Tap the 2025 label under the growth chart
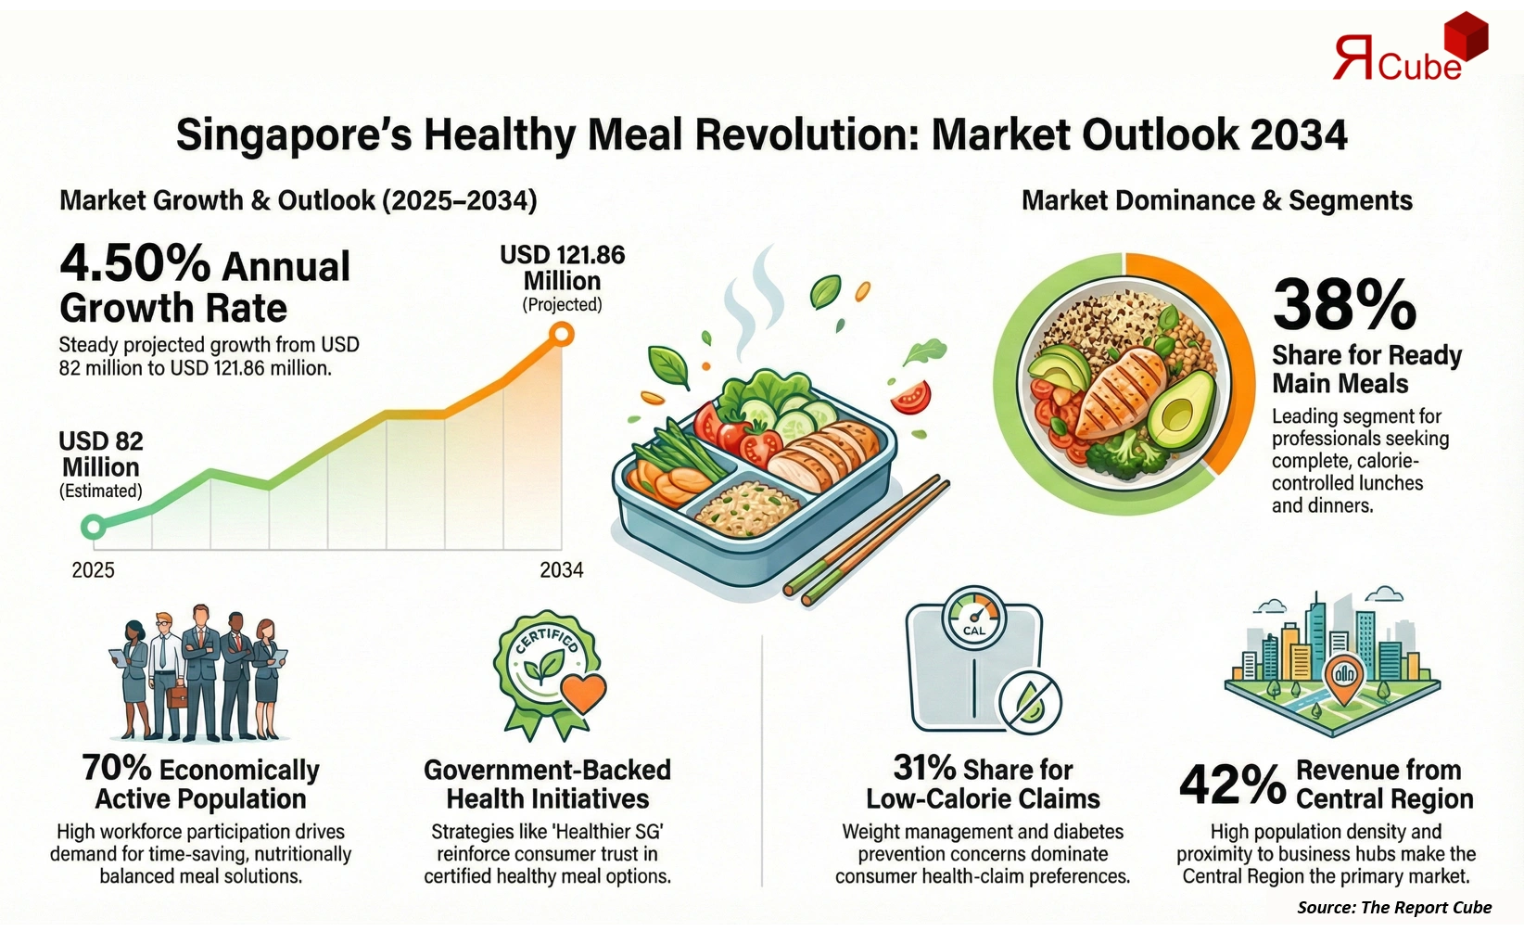point(93,570)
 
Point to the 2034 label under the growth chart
point(562,570)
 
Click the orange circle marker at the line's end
point(561,334)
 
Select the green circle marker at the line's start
point(93,527)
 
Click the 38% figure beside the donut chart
point(1344,305)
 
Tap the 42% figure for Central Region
point(1232,784)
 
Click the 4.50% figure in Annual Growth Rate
point(135,263)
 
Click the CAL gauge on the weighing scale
point(973,616)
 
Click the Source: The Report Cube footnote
point(1394,908)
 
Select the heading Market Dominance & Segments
point(1216,201)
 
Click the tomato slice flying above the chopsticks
point(910,397)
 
